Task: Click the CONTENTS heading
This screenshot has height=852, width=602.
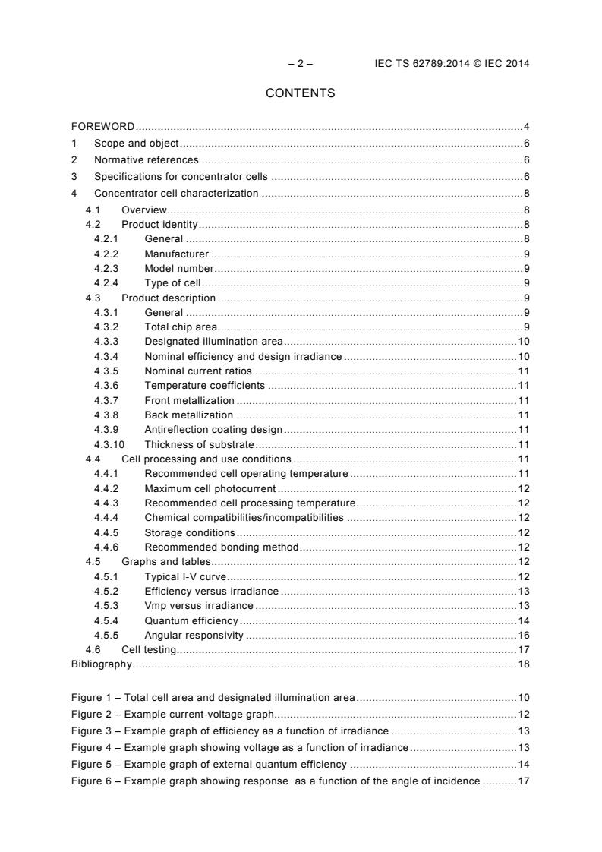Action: click(x=300, y=93)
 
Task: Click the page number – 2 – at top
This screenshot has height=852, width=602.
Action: click(x=300, y=64)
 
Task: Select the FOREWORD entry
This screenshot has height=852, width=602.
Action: click(x=103, y=126)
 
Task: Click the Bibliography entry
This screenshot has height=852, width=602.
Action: click(x=101, y=664)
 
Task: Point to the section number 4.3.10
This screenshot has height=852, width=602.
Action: click(x=107, y=444)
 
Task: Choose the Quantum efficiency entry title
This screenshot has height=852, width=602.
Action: click(x=191, y=620)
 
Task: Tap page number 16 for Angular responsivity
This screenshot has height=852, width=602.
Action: click(x=523, y=635)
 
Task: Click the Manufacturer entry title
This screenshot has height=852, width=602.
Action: click(x=176, y=254)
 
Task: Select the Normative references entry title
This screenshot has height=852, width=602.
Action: click(x=146, y=159)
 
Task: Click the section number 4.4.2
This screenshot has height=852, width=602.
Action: click(x=107, y=488)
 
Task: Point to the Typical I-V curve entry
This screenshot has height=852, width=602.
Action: click(x=185, y=576)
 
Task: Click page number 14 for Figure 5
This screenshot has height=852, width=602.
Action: click(x=523, y=764)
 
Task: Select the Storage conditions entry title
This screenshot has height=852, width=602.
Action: click(x=190, y=532)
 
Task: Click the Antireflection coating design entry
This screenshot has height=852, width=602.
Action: click(x=213, y=430)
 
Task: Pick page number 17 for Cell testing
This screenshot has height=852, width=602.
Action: click(x=523, y=649)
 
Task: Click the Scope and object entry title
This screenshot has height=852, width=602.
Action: click(x=137, y=143)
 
